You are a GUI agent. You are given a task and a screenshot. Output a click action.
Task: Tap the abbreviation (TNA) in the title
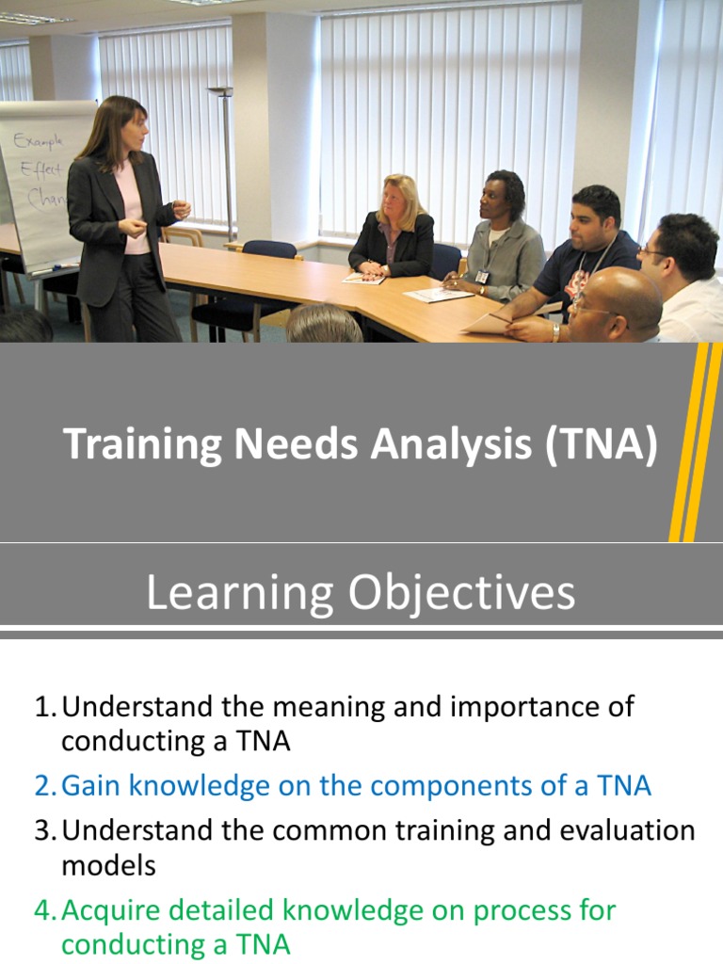tap(600, 444)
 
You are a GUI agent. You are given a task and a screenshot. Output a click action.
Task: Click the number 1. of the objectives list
tap(47, 706)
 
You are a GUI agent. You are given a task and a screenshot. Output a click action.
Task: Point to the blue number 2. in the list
tap(47, 786)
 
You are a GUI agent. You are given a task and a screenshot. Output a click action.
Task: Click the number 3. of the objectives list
tap(47, 830)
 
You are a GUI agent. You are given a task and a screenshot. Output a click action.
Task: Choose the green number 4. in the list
tap(47, 910)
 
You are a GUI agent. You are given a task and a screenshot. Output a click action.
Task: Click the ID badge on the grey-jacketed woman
tap(482, 277)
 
